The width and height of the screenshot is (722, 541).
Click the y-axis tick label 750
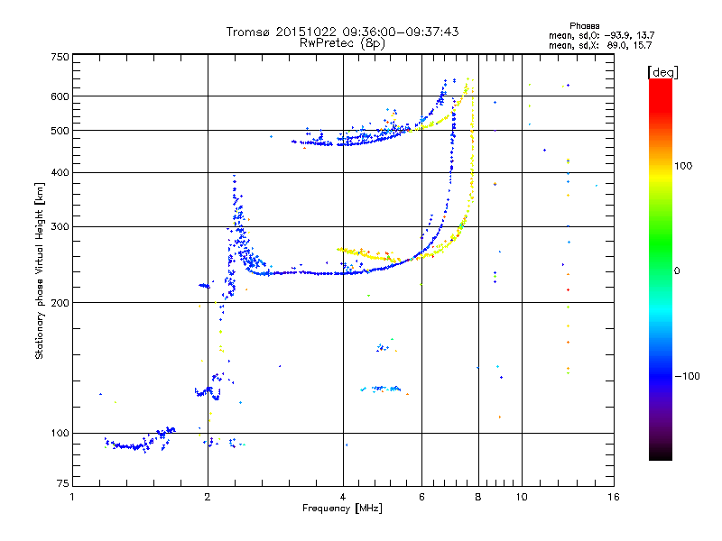60,57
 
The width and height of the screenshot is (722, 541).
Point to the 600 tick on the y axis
60,96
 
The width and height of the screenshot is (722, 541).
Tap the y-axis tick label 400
60,172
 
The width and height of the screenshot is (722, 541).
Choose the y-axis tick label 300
60,226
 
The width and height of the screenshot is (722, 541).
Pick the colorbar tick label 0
678,270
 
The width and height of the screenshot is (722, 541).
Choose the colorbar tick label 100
685,166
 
